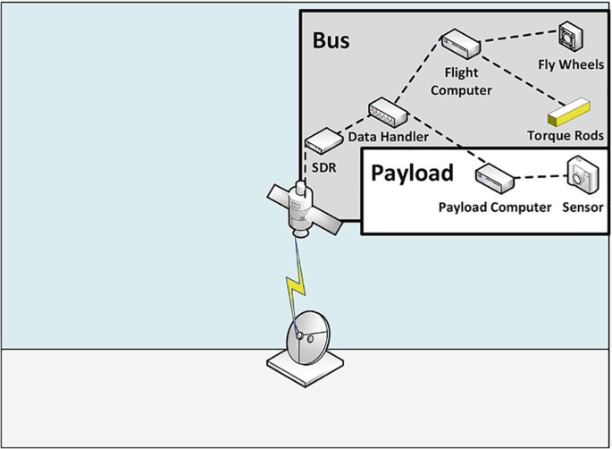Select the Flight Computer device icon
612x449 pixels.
click(460, 42)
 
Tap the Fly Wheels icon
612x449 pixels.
click(571, 37)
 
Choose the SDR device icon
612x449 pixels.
click(321, 140)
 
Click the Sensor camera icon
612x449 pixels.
click(583, 174)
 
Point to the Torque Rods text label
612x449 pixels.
click(565, 135)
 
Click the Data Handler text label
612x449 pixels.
click(386, 137)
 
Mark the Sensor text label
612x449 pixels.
click(583, 208)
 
